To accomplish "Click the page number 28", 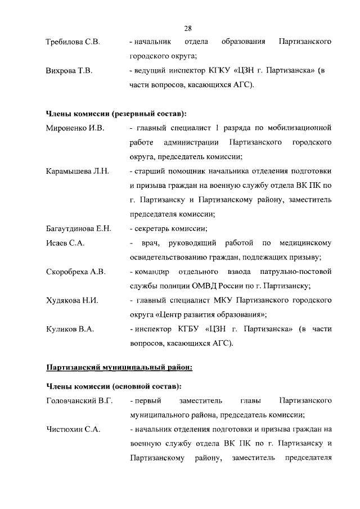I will (188, 28).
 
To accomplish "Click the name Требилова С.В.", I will (73, 43).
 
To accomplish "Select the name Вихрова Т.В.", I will (69, 71).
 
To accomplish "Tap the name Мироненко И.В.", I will (75, 128).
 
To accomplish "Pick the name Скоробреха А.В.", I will (75, 272).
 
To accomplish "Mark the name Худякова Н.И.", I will (72, 300).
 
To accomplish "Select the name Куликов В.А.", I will (69, 329).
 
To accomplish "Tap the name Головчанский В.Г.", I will (79, 400).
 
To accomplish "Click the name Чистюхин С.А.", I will (73, 429).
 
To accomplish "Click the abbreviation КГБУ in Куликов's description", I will (188, 329).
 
